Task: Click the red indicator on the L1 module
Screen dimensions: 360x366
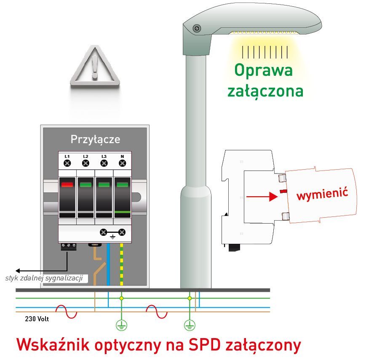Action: point(67,184)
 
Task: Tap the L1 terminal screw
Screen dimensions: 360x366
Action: point(67,163)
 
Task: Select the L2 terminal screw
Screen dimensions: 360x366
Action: point(85,163)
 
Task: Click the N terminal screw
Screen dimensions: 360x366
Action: point(122,163)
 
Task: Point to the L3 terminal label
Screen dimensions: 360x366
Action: point(104,157)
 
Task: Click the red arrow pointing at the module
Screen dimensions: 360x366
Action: point(262,196)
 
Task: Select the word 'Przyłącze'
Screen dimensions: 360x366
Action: point(95,139)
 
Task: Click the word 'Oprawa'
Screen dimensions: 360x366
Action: point(263,70)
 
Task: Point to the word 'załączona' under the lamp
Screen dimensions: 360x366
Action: point(265,90)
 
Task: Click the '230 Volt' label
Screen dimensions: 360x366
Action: point(37,319)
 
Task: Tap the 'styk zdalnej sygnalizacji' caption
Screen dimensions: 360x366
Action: point(46,278)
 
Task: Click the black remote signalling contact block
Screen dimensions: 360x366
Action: point(68,246)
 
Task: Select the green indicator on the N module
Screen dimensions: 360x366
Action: point(122,184)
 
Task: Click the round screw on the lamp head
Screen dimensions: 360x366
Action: point(197,28)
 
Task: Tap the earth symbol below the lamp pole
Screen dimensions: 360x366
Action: point(190,325)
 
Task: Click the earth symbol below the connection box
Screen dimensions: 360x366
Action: point(121,325)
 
